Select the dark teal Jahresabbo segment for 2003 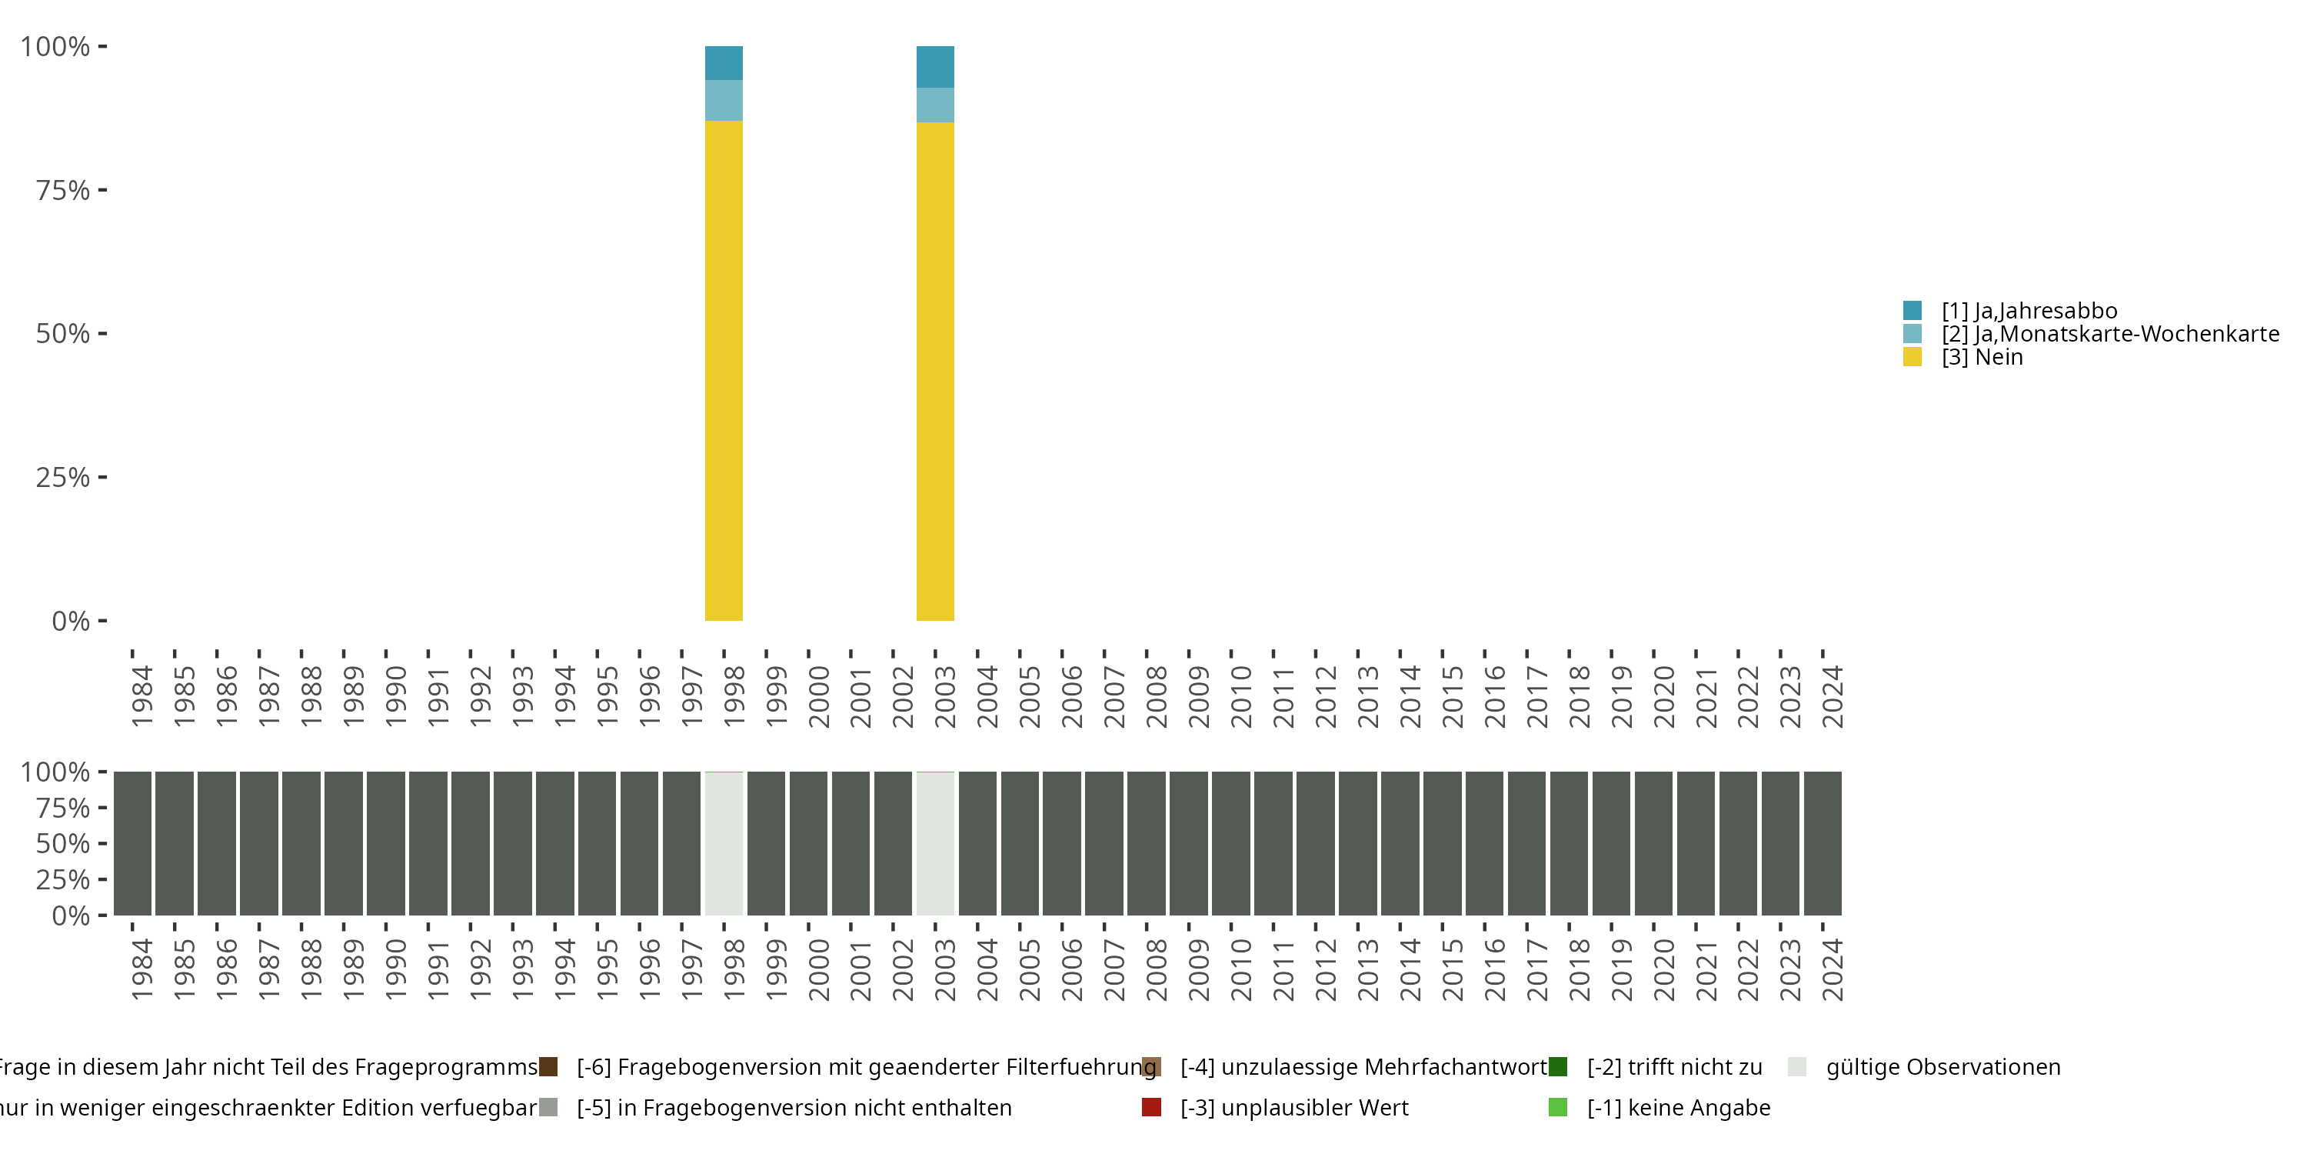click(935, 66)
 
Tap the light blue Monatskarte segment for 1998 click(724, 100)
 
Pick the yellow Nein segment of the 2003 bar click(935, 371)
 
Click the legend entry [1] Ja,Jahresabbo click(2029, 311)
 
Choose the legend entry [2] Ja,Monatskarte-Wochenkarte click(2109, 334)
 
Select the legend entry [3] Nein click(1981, 358)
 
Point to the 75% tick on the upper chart click(64, 190)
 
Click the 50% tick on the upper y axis click(64, 333)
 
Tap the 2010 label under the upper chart click(1240, 696)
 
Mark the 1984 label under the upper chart click(141, 696)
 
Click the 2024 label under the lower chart click(1833, 969)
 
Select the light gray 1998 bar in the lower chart click(724, 843)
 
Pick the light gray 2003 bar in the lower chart click(935, 843)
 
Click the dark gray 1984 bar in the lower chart click(132, 843)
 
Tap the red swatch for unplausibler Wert click(1152, 1107)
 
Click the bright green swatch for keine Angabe click(1558, 1107)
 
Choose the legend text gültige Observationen click(1942, 1067)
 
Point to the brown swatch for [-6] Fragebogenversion click(548, 1067)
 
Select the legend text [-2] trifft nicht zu click(1674, 1067)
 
